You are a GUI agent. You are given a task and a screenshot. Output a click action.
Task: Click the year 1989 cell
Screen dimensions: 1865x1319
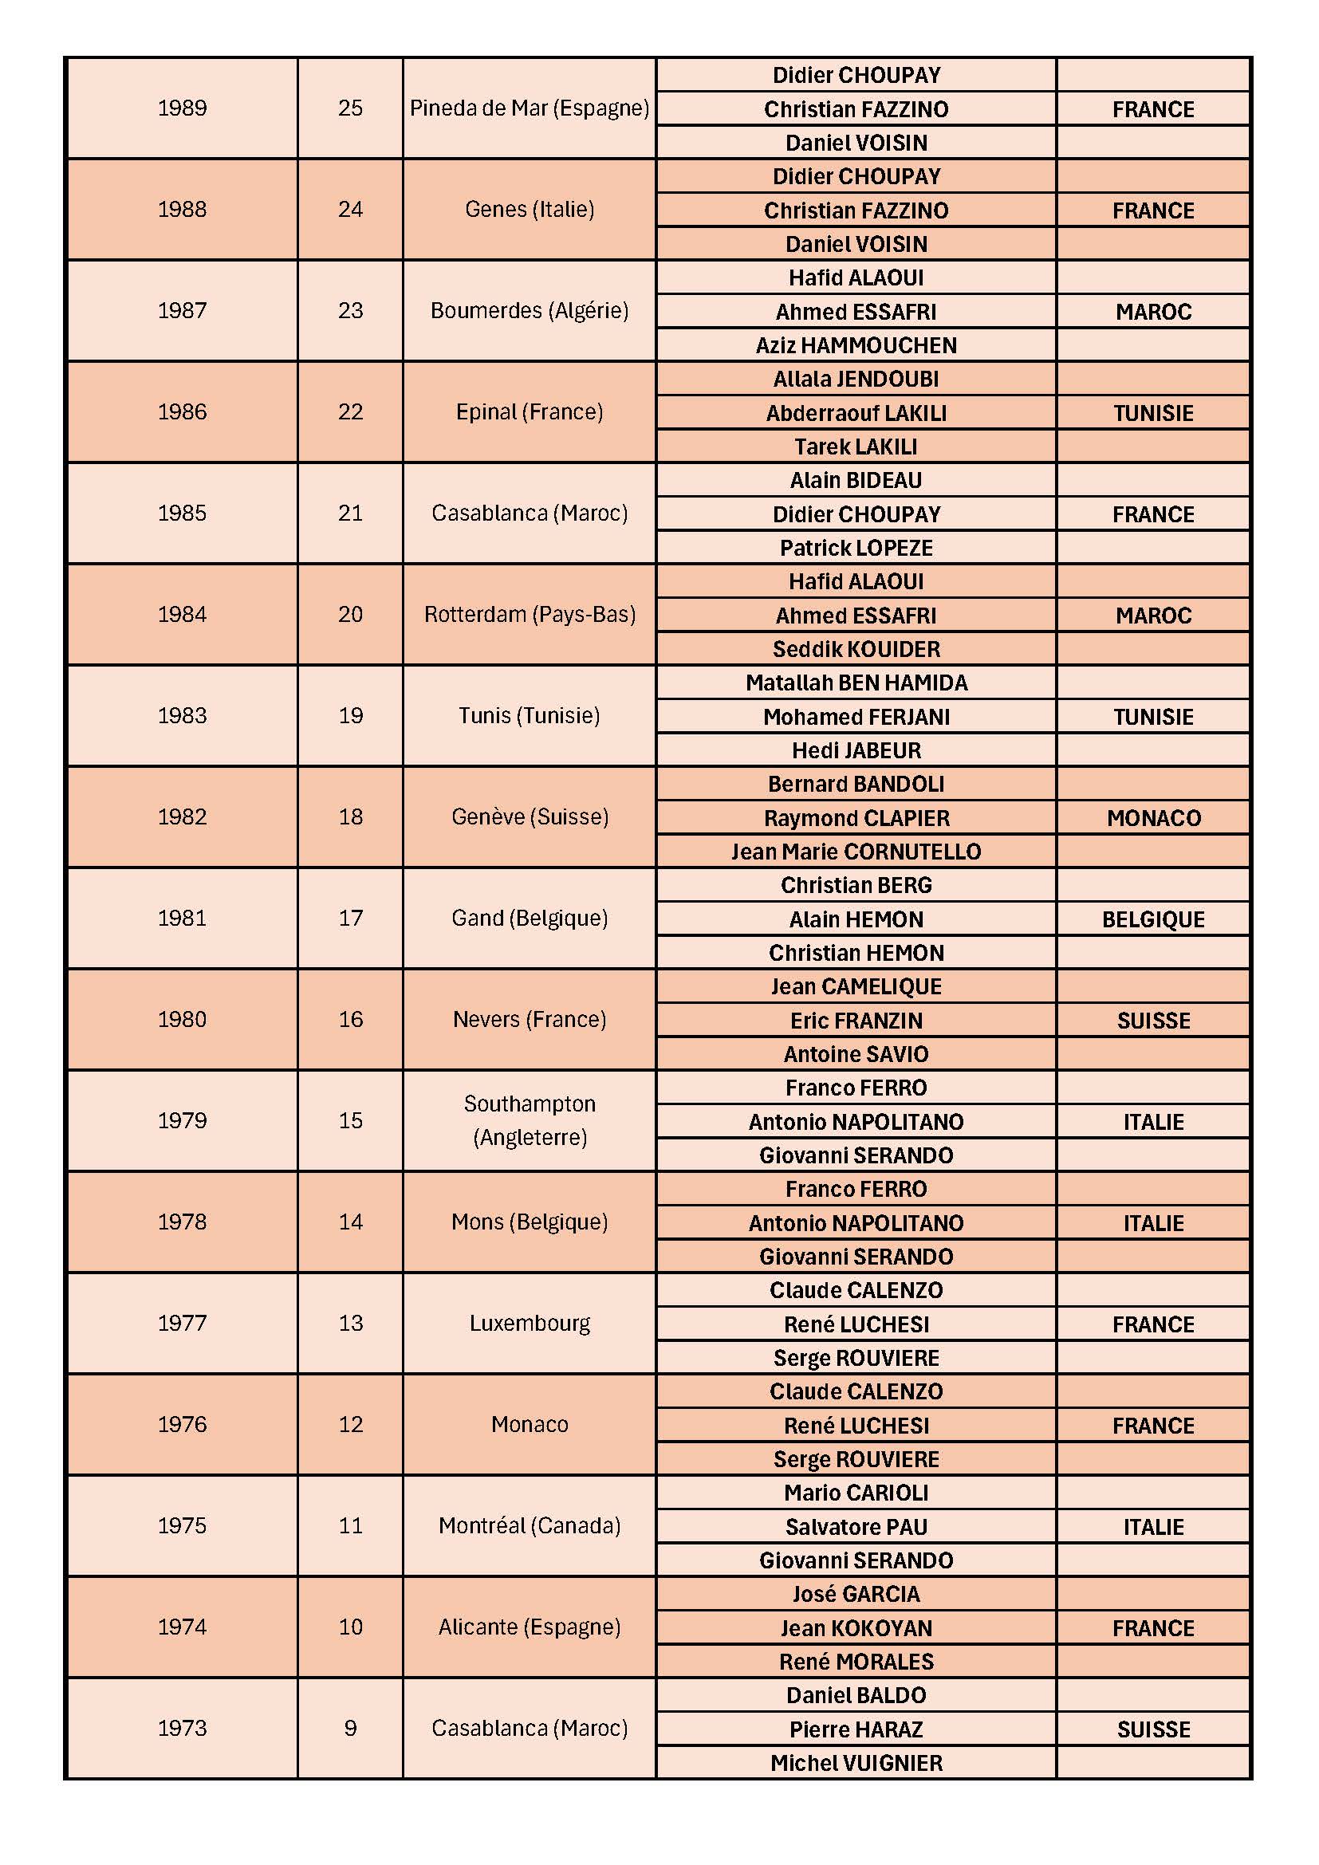click(x=182, y=108)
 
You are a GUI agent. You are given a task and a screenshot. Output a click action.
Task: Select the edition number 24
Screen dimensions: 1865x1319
click(x=350, y=210)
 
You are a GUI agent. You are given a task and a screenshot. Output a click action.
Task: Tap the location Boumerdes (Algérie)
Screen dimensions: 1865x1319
click(x=530, y=310)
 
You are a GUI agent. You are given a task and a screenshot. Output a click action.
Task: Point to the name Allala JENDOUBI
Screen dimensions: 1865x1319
click(x=856, y=380)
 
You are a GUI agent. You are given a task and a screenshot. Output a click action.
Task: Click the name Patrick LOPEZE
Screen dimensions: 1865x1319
click(x=856, y=549)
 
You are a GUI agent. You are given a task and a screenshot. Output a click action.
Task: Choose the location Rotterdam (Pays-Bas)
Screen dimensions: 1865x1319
click(x=530, y=614)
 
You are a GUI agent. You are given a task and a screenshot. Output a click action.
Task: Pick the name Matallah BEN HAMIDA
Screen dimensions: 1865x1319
click(x=856, y=683)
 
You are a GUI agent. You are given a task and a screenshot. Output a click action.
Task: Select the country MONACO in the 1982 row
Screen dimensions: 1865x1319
click(x=1153, y=818)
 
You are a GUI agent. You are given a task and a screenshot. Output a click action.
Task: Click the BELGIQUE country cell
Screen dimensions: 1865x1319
click(x=1153, y=919)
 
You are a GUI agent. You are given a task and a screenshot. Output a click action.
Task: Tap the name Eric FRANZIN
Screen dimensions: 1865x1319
click(x=856, y=1021)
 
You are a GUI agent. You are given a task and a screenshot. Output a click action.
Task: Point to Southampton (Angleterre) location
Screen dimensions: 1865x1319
click(x=530, y=1121)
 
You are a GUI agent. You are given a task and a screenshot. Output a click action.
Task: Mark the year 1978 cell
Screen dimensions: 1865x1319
click(x=182, y=1222)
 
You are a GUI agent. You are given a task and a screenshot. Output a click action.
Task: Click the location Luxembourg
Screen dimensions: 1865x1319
click(x=530, y=1324)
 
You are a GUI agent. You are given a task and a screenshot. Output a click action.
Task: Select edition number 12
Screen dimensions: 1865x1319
click(x=350, y=1424)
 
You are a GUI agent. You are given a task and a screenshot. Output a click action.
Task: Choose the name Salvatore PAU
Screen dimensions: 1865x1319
click(x=856, y=1527)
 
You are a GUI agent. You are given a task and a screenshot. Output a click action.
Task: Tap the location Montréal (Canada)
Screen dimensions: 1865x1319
click(x=530, y=1525)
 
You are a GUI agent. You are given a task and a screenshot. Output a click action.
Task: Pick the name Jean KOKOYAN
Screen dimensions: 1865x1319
click(x=856, y=1629)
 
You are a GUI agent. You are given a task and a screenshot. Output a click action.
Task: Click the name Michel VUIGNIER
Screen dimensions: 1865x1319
click(x=856, y=1764)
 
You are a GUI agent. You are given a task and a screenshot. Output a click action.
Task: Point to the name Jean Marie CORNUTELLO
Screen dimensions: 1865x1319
click(x=856, y=852)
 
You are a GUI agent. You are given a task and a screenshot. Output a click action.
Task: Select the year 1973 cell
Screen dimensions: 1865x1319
click(x=182, y=1728)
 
